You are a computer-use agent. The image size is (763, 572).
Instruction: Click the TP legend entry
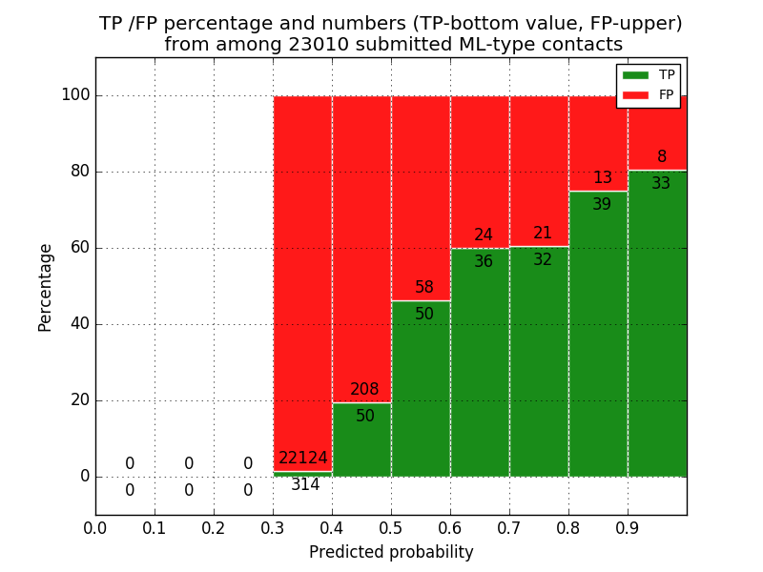[649, 75]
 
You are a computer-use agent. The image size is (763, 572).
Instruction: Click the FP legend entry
[649, 94]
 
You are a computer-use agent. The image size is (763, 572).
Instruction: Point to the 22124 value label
[303, 459]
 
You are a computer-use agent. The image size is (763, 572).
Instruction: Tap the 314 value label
[305, 485]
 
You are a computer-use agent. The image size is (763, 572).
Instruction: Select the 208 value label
[364, 390]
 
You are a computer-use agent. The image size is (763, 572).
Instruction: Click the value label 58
[424, 288]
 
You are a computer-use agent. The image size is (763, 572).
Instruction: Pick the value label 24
[484, 235]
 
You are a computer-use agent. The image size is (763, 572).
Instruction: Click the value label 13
[603, 178]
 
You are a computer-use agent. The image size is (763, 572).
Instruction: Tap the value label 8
[662, 157]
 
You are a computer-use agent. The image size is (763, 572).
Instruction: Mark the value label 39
[602, 205]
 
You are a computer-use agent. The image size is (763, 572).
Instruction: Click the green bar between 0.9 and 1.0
[657, 334]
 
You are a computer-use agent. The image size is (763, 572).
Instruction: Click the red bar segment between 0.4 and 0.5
[361, 238]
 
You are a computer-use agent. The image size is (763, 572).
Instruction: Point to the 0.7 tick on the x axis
[509, 526]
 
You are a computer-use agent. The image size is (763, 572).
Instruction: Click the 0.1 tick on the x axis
[155, 526]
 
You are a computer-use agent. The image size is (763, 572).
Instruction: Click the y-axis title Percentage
[46, 287]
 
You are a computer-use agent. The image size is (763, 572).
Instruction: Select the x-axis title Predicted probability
[391, 553]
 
